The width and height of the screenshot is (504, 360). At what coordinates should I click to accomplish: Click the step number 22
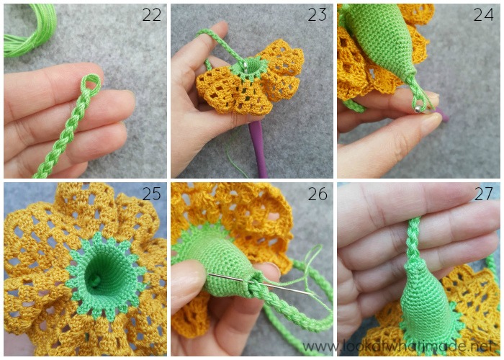pyautogui.click(x=151, y=15)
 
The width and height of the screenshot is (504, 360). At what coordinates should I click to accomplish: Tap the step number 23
pyautogui.click(x=318, y=15)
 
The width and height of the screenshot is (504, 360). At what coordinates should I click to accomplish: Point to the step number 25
pyautogui.click(x=151, y=194)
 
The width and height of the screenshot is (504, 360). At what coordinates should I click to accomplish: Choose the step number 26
pyautogui.click(x=318, y=194)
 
